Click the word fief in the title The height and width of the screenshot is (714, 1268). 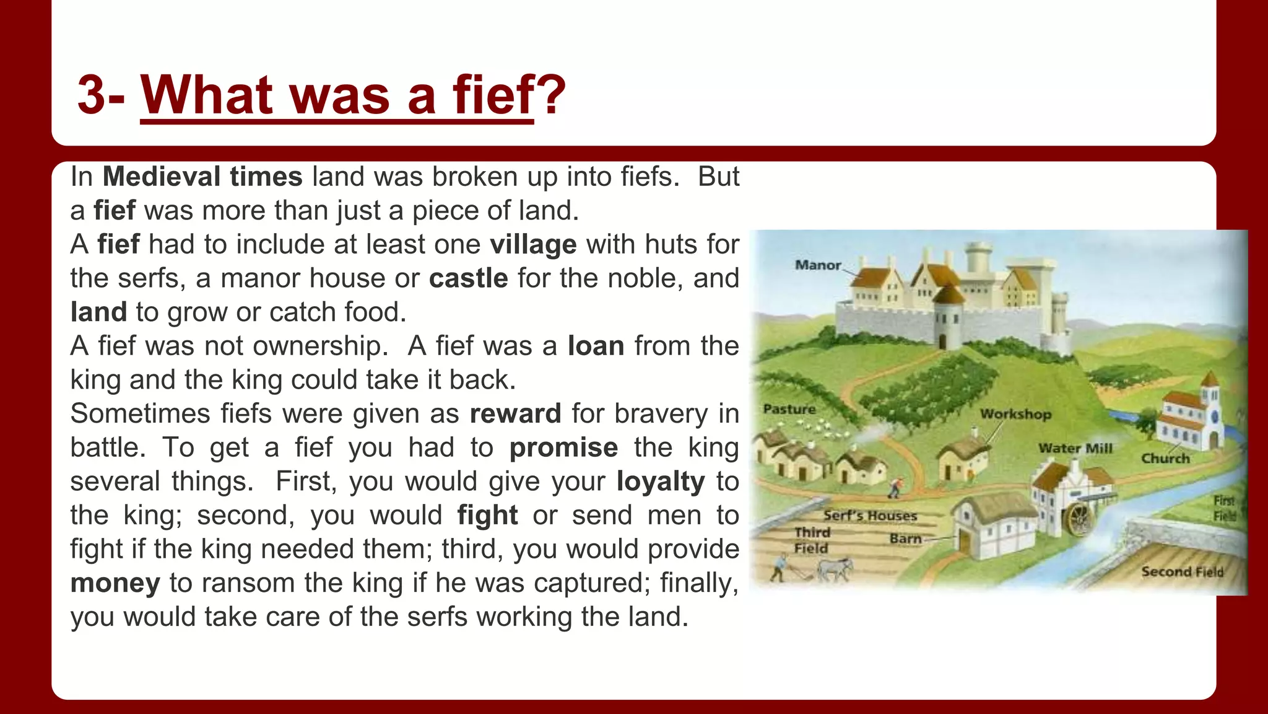[x=493, y=95]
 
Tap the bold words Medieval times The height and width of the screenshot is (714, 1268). [x=202, y=177]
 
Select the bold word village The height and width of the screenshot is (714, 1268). [x=533, y=244]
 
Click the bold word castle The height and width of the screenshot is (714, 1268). [x=468, y=278]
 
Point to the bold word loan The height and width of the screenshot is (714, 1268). [x=596, y=346]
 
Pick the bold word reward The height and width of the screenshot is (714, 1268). [x=515, y=413]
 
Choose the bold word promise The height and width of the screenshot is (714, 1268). [x=563, y=447]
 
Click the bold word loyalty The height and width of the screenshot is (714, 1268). [x=661, y=482]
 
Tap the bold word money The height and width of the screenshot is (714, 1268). [x=115, y=583]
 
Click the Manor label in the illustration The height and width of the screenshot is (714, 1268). [x=818, y=265]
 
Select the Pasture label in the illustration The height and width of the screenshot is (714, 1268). [x=789, y=409]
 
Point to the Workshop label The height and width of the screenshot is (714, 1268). [x=1015, y=414]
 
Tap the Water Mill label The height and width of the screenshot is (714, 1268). [x=1075, y=448]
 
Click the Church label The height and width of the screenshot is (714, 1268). [x=1165, y=459]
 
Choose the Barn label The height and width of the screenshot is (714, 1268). [x=905, y=539]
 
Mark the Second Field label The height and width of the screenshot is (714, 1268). [x=1182, y=571]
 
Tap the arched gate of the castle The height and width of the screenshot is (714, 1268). [x=942, y=342]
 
